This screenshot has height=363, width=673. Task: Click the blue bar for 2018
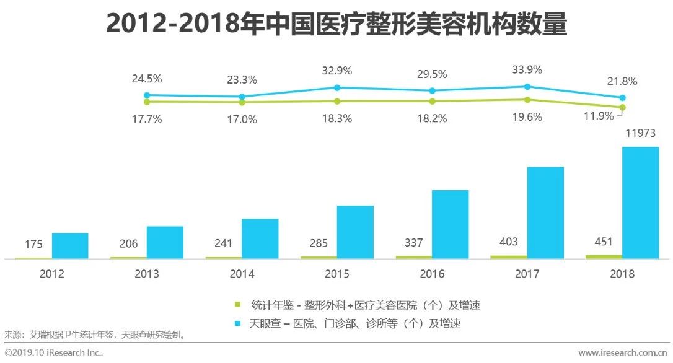tap(640, 203)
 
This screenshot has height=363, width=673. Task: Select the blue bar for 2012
tap(70, 245)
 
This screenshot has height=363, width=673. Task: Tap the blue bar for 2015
tap(355, 232)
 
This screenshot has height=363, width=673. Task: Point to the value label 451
tap(603, 242)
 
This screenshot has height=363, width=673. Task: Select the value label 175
tap(33, 244)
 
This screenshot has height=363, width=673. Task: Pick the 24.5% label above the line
tap(147, 79)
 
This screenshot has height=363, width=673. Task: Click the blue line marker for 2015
tap(337, 87)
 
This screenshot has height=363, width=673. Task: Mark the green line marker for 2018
tap(622, 107)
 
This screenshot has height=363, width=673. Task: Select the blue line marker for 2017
tap(527, 87)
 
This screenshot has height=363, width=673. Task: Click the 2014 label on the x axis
tap(242, 274)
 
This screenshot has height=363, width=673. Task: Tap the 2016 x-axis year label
tap(432, 274)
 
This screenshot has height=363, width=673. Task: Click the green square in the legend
tap(237, 305)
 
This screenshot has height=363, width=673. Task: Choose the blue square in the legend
tap(237, 323)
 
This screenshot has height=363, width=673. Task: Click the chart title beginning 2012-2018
tap(336, 24)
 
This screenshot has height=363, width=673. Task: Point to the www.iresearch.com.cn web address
tap(623, 352)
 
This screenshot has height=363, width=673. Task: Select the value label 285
tap(319, 243)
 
